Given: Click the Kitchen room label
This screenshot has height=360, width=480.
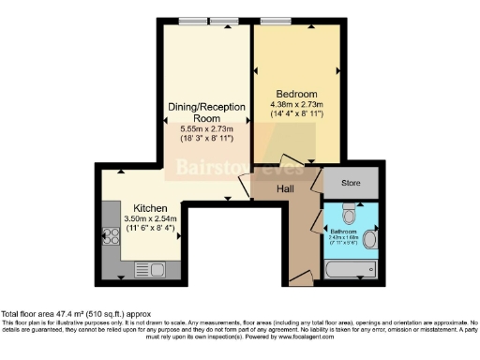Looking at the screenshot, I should pos(150,207).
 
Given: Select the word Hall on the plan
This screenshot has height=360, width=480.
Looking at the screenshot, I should pos(287,190).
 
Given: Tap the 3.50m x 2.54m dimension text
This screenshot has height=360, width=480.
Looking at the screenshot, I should pos(150,217).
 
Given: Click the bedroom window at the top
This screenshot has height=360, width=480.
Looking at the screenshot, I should pos(276,22).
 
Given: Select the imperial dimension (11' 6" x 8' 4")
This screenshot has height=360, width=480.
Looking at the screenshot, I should pos(150,227).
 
